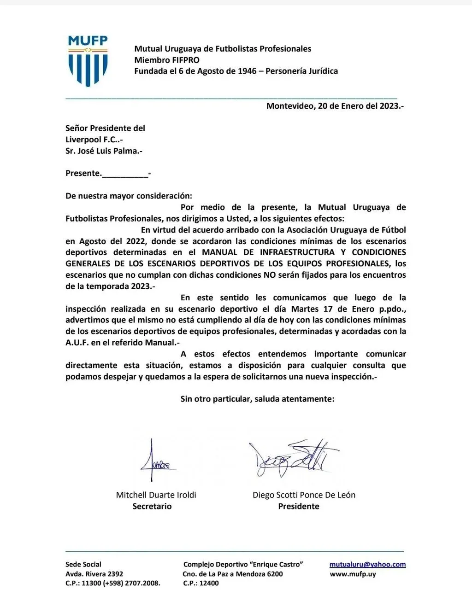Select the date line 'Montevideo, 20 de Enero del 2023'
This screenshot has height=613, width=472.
[x=335, y=106]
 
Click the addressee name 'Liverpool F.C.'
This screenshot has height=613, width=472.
[x=94, y=140]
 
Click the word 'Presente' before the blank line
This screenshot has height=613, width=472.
[x=83, y=173]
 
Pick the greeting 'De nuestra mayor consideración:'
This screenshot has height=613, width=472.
[x=129, y=196]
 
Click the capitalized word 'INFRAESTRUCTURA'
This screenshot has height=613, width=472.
[x=297, y=252]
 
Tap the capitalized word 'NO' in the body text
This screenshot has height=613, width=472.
[x=269, y=275]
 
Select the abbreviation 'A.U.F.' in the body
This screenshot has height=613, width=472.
[x=77, y=343]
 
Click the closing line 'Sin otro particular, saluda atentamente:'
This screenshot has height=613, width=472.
[x=257, y=399]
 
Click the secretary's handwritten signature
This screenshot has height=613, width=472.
[x=155, y=461]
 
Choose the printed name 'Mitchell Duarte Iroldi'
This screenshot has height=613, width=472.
[x=156, y=495]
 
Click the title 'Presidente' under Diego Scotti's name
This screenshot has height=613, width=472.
[x=298, y=506]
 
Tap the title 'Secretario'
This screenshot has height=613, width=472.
[x=152, y=506]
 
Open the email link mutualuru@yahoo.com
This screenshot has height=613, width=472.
[x=367, y=565]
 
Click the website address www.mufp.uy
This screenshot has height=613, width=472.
[x=353, y=574]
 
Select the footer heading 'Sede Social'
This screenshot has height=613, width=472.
[x=83, y=565]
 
